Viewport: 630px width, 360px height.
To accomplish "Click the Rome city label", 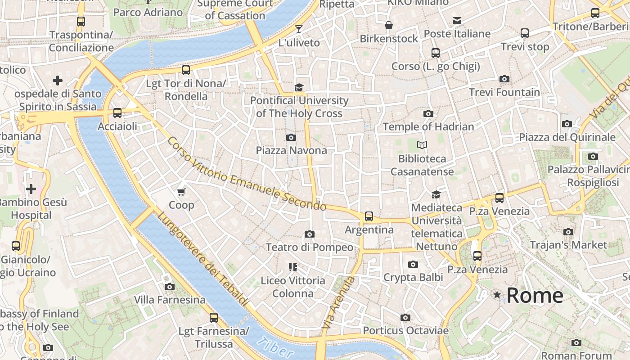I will point(535,296).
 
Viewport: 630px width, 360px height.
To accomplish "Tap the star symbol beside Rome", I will point(497,295).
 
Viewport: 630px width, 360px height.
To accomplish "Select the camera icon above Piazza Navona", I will point(291,137).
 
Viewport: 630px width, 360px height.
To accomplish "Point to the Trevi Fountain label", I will point(504,92).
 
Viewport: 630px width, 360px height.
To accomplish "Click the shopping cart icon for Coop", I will point(181,192).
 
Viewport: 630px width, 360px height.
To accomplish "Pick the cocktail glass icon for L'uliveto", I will point(299,30).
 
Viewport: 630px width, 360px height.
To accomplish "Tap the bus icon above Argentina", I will point(369,216).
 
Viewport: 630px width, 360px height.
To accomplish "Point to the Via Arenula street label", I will point(338,302).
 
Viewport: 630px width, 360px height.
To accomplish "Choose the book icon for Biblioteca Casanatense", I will point(422,145).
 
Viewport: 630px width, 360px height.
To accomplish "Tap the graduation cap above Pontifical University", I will point(299,87).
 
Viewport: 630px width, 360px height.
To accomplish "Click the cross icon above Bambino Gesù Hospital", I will point(31,189).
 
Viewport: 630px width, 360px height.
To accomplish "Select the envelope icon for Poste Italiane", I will point(457,21).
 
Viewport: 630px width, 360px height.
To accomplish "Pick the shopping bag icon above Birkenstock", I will point(389,26).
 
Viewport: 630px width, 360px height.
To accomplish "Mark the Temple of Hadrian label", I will point(428,127).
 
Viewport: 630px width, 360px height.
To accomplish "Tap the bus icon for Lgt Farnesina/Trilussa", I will point(214,318).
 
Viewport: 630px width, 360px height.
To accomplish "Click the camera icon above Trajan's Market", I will point(568,232).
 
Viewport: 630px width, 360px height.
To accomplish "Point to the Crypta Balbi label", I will point(413,277).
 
